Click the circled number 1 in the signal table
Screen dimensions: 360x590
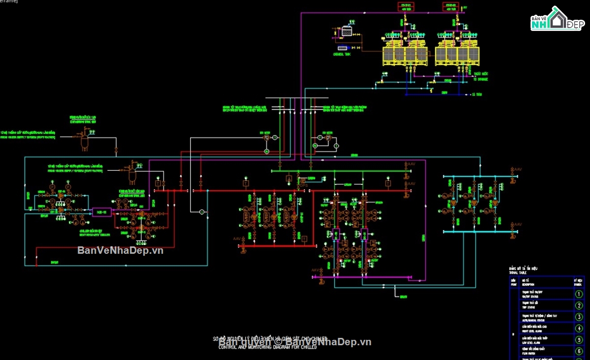tap(579, 294)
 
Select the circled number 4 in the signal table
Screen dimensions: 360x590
tap(579, 329)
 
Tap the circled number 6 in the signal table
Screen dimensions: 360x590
tap(579, 351)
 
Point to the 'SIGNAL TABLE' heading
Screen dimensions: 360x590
tap(517, 272)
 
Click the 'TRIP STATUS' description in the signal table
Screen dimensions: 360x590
tap(528, 307)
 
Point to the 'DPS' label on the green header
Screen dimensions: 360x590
tap(303, 181)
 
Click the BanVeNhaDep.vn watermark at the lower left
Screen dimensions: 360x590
tap(120, 250)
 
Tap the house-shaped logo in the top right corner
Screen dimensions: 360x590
tap(558, 20)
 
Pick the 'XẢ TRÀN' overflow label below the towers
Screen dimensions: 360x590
tap(476, 94)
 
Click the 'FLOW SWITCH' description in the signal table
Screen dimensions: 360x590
tap(528, 353)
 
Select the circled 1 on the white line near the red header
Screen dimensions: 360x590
tap(202, 212)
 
